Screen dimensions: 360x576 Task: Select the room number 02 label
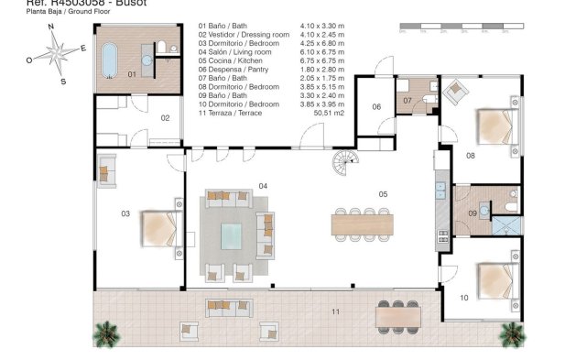point(166,117)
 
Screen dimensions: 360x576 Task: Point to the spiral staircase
point(347,166)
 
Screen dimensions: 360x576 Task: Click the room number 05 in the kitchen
point(384,193)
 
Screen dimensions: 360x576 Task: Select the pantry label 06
point(376,107)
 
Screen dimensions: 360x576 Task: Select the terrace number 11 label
point(335,312)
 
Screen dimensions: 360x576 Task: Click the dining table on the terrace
point(399,313)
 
